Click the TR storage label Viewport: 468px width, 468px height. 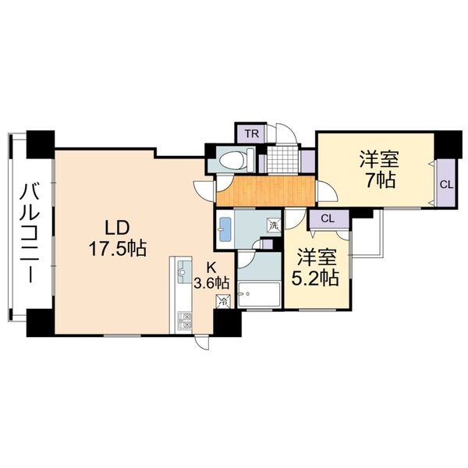point(252,133)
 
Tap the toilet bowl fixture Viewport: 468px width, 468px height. point(236,160)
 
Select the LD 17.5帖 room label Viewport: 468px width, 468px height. point(117,238)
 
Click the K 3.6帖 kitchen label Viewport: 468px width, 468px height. point(211,276)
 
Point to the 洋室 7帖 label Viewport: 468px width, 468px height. point(379,169)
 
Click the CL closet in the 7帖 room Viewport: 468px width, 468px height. point(446,183)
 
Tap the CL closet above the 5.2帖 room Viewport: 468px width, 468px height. point(329,218)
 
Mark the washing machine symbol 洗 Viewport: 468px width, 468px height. point(274,225)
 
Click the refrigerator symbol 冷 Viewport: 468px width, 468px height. point(223,301)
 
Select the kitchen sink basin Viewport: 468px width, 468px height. point(185,272)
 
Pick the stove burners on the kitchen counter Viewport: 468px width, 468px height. point(185,321)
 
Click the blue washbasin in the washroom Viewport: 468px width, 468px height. point(225,229)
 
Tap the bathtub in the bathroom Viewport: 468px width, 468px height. point(259,294)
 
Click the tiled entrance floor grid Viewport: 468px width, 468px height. point(282,160)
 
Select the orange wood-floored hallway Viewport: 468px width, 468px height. point(266,191)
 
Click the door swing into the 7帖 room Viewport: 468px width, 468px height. point(327,191)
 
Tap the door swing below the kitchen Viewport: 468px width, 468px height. point(202,342)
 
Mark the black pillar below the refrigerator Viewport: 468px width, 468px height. point(227,323)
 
